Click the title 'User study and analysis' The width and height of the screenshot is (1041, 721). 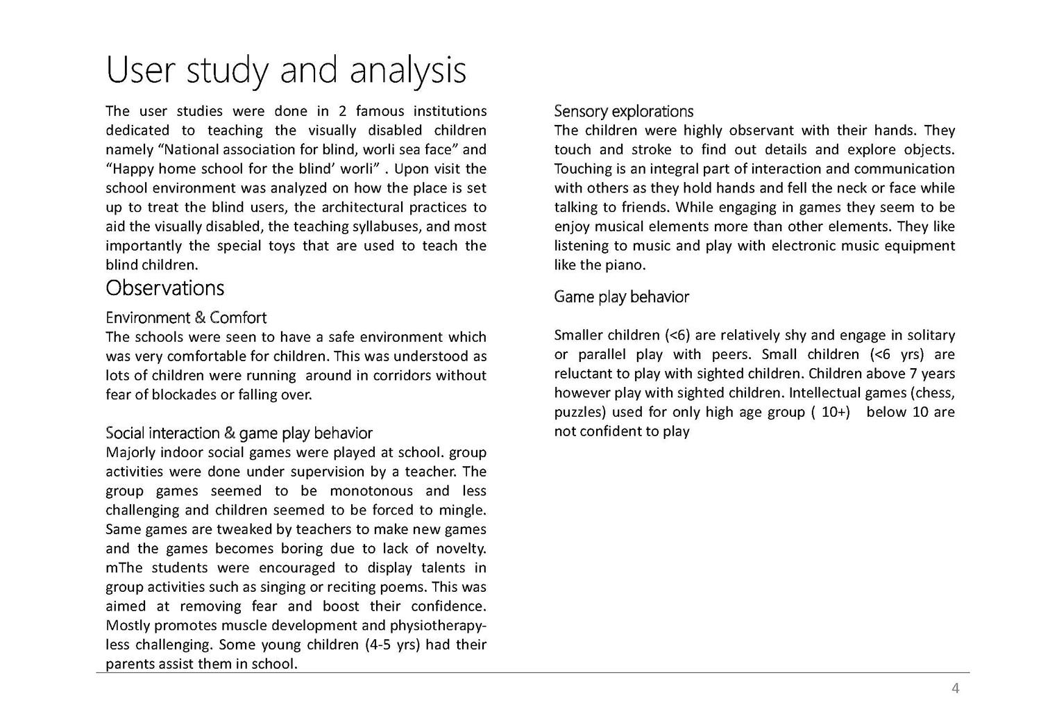(x=285, y=71)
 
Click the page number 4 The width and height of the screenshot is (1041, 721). (x=955, y=688)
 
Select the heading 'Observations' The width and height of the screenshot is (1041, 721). (x=164, y=288)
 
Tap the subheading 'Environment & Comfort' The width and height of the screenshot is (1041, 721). (x=186, y=318)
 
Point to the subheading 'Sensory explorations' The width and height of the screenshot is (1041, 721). (x=623, y=111)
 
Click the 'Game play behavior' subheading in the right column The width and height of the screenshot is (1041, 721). (x=621, y=297)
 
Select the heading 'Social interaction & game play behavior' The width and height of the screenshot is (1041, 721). (x=239, y=433)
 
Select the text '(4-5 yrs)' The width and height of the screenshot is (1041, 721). (x=392, y=645)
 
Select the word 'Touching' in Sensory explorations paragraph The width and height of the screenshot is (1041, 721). (x=581, y=169)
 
